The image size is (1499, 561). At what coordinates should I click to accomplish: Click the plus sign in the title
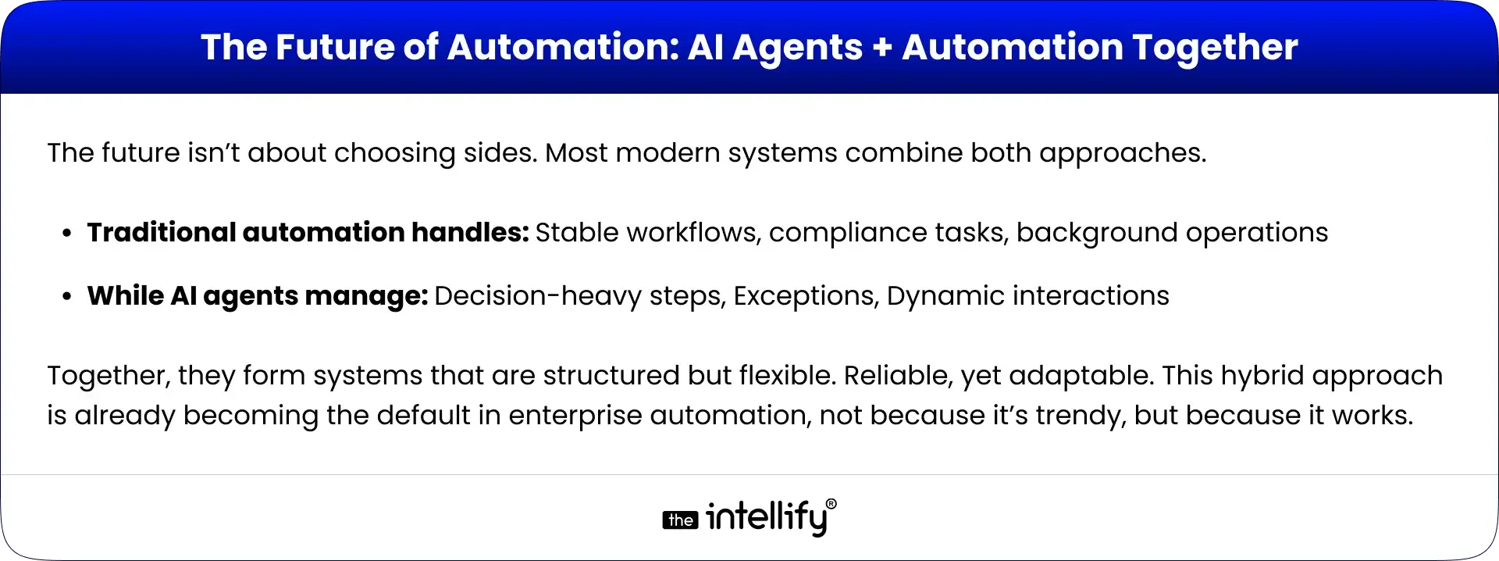tap(882, 48)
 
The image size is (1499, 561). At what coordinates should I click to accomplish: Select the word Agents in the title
tap(797, 48)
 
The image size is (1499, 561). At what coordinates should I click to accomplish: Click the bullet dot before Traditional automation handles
tap(68, 234)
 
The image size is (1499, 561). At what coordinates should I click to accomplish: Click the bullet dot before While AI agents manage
tap(68, 297)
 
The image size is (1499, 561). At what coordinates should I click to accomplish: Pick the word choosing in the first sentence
tap(394, 153)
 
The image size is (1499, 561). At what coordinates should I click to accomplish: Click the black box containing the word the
tap(680, 520)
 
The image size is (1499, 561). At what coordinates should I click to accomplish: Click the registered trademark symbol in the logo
tap(831, 506)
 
